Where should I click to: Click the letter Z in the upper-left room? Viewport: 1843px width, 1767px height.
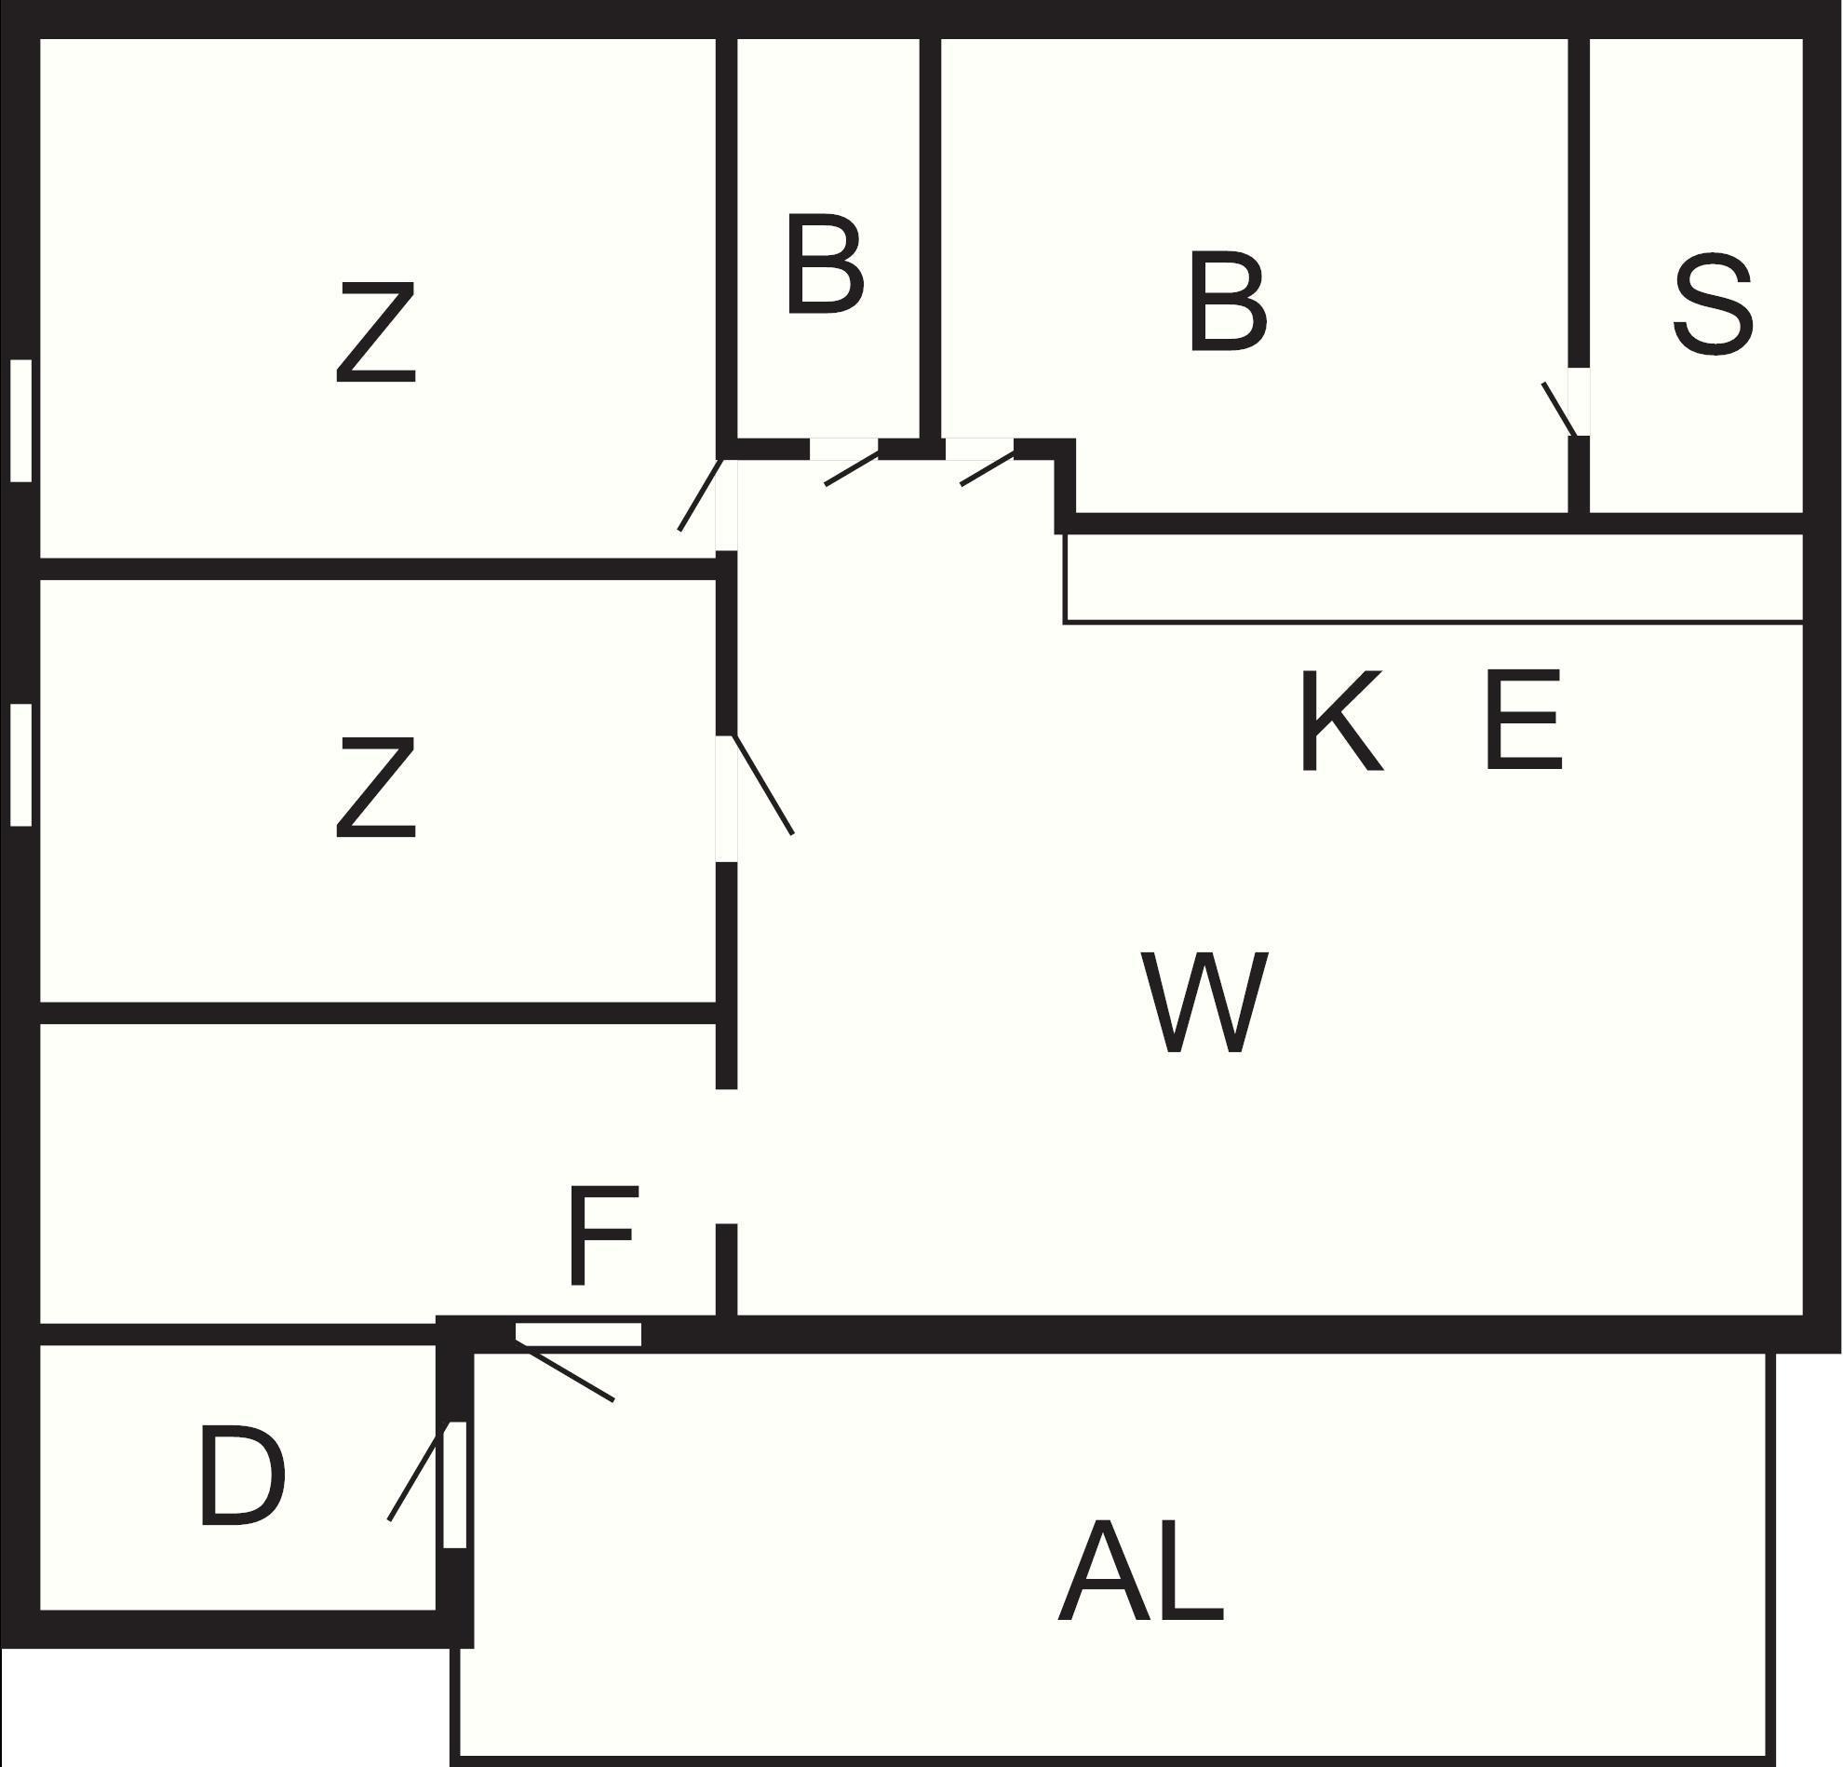tap(376, 334)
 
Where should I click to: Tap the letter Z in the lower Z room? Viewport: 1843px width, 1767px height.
tap(376, 787)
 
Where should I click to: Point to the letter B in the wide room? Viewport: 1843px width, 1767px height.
tap(1228, 302)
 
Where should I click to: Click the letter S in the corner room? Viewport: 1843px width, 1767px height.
tap(1713, 303)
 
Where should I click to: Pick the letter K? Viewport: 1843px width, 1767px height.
tap(1342, 721)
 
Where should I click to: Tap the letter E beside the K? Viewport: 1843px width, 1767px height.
tap(1524, 721)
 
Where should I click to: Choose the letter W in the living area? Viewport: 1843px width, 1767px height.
tap(1204, 1003)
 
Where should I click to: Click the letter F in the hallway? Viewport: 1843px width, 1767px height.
tap(604, 1234)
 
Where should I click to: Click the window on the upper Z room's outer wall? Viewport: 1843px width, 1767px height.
tap(20, 421)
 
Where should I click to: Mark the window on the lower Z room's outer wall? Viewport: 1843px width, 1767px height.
tap(20, 764)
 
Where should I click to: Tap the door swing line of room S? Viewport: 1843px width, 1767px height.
tap(1559, 409)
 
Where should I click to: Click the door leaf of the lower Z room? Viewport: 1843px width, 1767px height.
tap(762, 784)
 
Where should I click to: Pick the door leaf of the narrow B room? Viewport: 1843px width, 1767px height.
tap(852, 470)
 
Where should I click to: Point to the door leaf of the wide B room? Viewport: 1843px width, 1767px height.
tap(988, 469)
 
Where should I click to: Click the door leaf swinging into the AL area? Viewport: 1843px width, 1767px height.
tap(564, 1374)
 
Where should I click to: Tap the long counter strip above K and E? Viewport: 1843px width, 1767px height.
tap(1433, 578)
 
